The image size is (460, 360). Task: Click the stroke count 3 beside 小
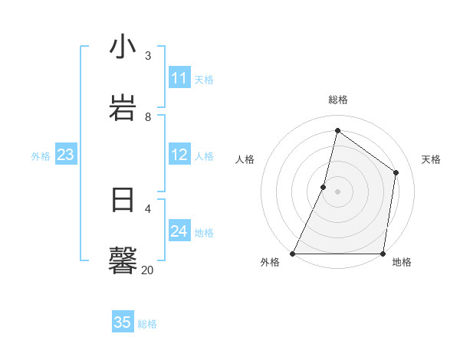coord(148,55)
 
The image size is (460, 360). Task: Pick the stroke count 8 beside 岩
coord(148,116)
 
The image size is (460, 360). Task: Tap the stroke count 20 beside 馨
coord(147,270)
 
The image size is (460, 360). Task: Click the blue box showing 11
coord(179,78)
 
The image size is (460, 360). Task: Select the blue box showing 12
coord(179,155)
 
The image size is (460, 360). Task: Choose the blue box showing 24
coord(179,231)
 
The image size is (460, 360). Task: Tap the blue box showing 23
coord(66,155)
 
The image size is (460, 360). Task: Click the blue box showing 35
coord(123,322)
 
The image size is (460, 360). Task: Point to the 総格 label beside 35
coord(147,324)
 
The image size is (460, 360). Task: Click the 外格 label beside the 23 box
coord(41,156)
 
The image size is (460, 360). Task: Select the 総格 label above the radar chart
coord(338,100)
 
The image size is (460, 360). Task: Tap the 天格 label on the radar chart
coord(432,159)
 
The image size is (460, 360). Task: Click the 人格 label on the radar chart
coord(245,159)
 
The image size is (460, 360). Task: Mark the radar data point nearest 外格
coord(293,254)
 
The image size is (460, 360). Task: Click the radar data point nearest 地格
coord(383,254)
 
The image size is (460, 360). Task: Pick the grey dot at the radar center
coord(338,191)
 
